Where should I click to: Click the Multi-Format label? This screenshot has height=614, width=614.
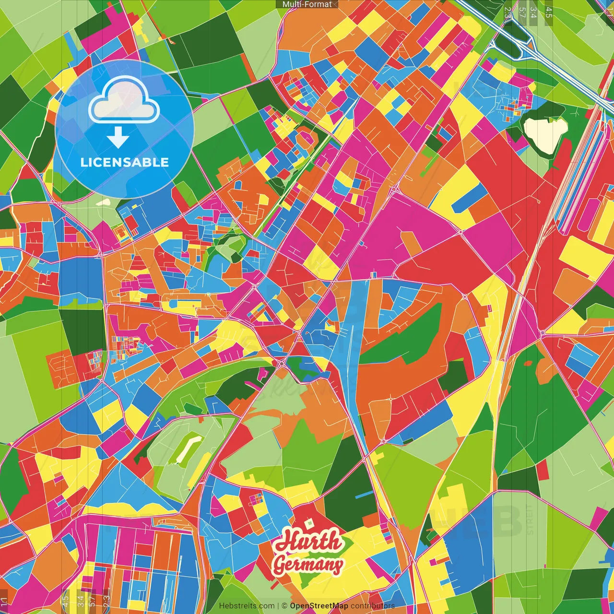(307, 4)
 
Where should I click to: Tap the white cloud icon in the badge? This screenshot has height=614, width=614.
(124, 101)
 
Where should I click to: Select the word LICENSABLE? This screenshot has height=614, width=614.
(125, 162)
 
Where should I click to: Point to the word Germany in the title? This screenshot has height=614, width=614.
(308, 564)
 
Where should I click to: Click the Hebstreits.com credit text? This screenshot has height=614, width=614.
(247, 606)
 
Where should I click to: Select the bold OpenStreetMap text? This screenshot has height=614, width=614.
(319, 606)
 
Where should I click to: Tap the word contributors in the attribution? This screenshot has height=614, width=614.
(372, 606)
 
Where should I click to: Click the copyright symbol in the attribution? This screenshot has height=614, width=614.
(284, 606)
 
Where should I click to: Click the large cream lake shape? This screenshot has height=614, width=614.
(545, 134)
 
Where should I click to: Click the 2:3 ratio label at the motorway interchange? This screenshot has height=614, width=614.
(508, 12)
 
